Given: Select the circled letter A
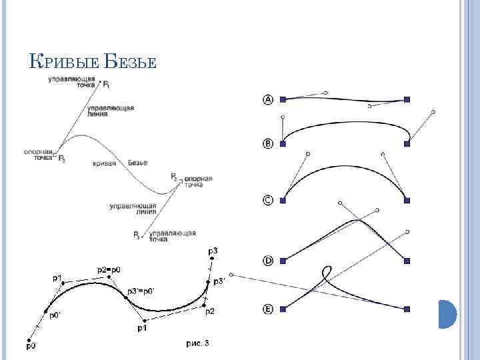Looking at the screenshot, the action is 268,100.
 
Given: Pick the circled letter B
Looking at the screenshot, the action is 268,143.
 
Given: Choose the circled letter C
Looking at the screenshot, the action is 268,199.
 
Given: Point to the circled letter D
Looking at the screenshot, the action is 268,261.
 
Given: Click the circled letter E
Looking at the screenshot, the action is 268,309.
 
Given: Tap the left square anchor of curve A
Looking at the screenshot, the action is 283,99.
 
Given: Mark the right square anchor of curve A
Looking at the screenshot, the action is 407,99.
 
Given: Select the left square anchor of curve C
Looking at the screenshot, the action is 283,199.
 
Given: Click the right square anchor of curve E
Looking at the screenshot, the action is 407,309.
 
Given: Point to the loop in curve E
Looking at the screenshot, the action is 327,274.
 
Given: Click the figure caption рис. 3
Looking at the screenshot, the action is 197,343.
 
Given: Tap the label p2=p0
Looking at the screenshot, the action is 109,269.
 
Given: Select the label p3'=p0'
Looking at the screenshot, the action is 141,291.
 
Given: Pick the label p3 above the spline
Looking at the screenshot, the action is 213,250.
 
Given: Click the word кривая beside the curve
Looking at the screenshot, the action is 105,163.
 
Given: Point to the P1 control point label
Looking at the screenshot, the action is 107,85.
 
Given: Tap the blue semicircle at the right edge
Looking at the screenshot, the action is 447,313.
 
